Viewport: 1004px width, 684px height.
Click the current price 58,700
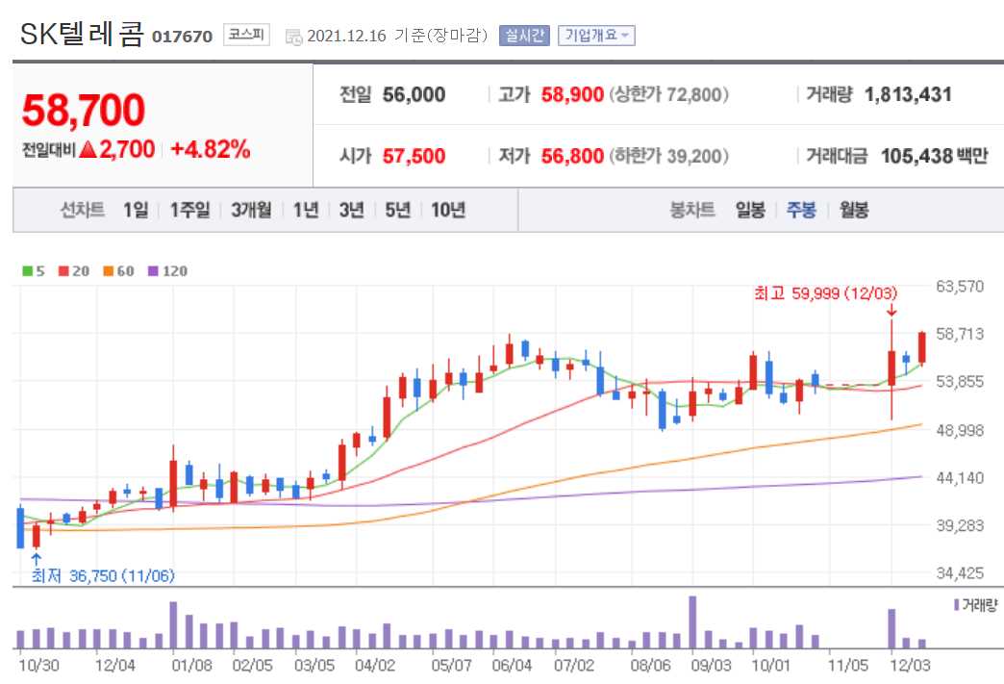pos(84,111)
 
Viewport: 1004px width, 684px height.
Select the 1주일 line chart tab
pos(189,210)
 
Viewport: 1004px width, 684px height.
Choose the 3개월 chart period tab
pos(251,210)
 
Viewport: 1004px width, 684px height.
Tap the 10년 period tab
pos(448,210)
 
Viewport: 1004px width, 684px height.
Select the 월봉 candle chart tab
pos(854,210)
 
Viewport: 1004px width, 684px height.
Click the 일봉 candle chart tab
pos(750,210)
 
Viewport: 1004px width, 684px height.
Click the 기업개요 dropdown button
pos(596,36)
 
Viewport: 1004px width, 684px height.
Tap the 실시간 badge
pos(524,36)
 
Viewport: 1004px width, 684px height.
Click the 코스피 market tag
pos(247,35)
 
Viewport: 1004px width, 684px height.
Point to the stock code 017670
pos(182,37)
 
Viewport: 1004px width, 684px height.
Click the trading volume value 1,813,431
pos(908,94)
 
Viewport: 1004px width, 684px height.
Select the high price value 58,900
pos(572,94)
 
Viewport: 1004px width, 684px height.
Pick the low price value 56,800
pos(572,156)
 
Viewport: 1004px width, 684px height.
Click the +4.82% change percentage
pos(211,149)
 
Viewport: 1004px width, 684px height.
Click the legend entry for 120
pos(169,271)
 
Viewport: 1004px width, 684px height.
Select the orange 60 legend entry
pos(119,271)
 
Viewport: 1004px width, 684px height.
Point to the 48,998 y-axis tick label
pos(961,430)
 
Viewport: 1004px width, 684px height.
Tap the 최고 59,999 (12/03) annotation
pos(827,292)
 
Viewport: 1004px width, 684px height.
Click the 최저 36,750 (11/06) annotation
pos(103,575)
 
